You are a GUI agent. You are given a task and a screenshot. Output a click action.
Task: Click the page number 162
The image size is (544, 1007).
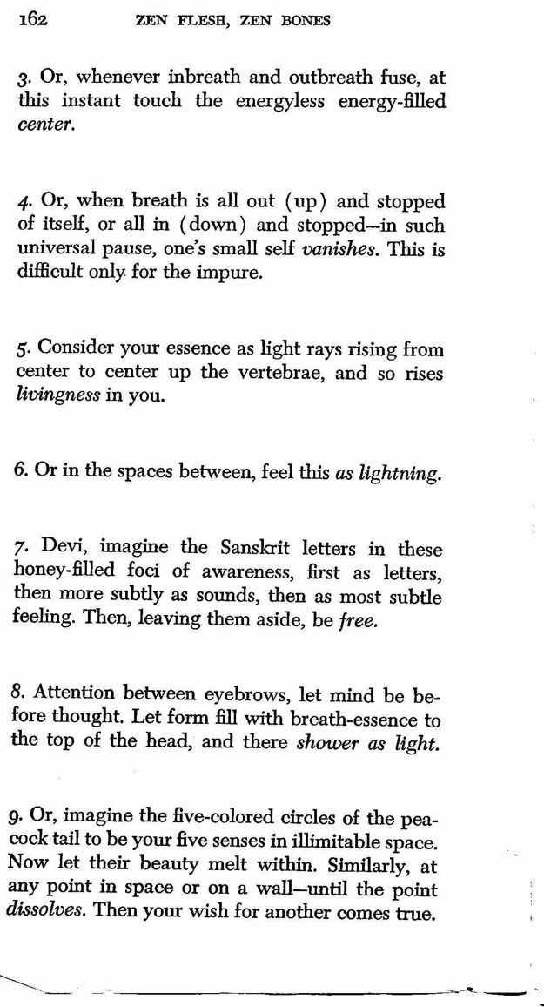(x=31, y=20)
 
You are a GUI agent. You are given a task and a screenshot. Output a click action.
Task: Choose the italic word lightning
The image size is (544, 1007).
(x=400, y=475)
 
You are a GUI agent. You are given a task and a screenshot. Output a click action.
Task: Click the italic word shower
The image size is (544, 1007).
(x=327, y=743)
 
